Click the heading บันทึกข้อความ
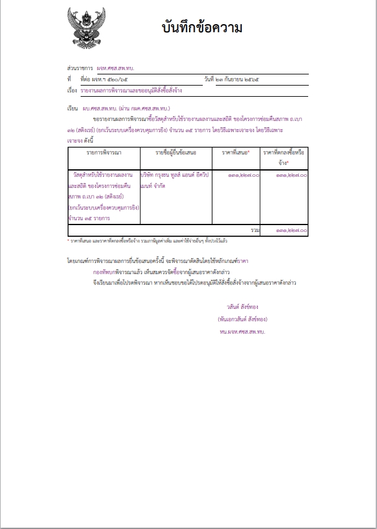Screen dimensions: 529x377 pyautogui.click(x=202, y=29)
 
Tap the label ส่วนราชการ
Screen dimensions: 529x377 pyautogui.click(x=79, y=68)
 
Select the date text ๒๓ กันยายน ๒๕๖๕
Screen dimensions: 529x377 pyautogui.click(x=242, y=79)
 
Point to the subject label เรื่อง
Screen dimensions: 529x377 pyautogui.click(x=71, y=91)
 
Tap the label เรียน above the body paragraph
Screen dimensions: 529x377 pyautogui.click(x=72, y=109)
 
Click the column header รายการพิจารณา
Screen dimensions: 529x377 pyautogui.click(x=104, y=152)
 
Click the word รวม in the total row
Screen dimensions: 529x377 pyautogui.click(x=255, y=230)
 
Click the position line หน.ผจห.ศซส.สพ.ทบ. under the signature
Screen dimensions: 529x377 pyautogui.click(x=241, y=332)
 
